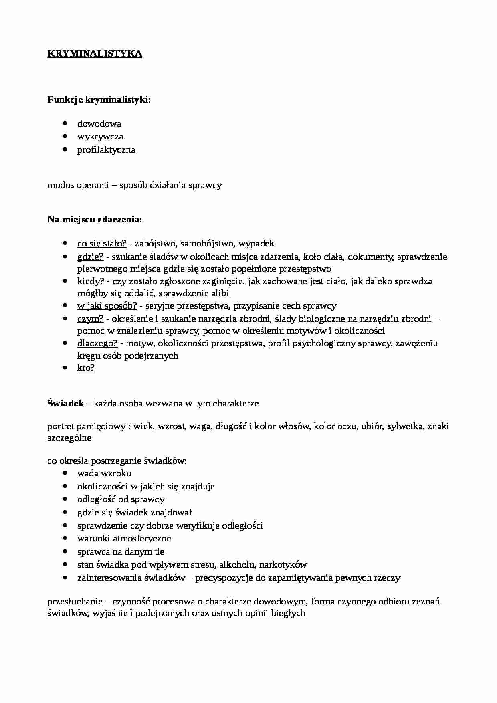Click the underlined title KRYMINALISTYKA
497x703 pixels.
[95, 54]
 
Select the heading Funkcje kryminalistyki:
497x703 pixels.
[99, 100]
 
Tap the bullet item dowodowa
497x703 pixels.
[99, 124]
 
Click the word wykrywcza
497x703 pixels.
[100, 137]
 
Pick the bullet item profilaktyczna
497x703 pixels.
[106, 150]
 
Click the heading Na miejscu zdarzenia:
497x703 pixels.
[95, 220]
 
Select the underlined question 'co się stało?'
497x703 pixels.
[102, 243]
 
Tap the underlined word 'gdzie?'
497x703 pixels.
[90, 257]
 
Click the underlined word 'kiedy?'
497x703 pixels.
[91, 281]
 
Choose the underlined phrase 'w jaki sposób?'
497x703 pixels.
[107, 306]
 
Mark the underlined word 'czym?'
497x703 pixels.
[90, 319]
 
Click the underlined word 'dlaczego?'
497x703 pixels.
[97, 343]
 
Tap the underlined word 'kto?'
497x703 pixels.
[86, 368]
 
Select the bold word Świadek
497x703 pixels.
[65, 403]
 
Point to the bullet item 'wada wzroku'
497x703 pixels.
[104, 473]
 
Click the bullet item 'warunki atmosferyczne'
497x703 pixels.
[124, 539]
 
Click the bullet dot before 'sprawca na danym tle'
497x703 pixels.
[65, 551]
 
